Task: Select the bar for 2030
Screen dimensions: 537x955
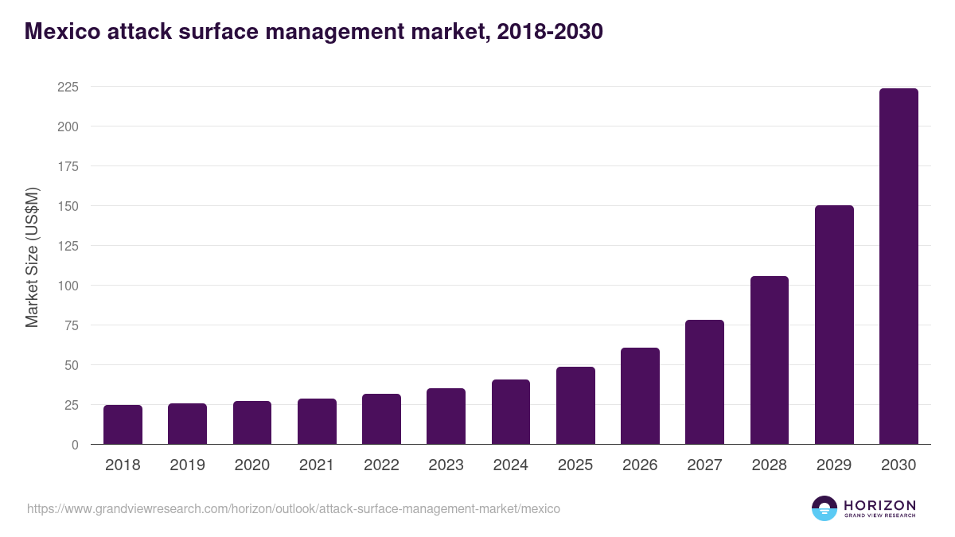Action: [898, 267]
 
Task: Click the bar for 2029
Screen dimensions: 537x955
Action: [834, 325]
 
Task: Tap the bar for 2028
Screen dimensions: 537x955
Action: [770, 360]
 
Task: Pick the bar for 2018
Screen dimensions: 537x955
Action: [123, 425]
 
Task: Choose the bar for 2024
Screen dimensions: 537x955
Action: [511, 412]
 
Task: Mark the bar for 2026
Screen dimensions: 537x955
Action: [640, 396]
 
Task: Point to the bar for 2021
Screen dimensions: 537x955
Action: [317, 422]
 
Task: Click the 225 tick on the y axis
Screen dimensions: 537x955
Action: [68, 87]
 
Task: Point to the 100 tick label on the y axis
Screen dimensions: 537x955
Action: [68, 286]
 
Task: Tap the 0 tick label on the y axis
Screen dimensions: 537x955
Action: [75, 445]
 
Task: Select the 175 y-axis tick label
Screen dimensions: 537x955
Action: [68, 166]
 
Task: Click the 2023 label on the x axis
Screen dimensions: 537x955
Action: [446, 465]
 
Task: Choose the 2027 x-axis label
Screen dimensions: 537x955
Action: [704, 465]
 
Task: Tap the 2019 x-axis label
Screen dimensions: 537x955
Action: [187, 465]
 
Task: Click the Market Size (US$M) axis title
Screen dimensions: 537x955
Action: [32, 257]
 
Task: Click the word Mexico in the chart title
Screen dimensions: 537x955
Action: [60, 32]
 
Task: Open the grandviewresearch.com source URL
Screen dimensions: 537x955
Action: [294, 508]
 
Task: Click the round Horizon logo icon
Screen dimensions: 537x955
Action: [824, 508]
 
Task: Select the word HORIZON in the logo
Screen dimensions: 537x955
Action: [879, 504]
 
